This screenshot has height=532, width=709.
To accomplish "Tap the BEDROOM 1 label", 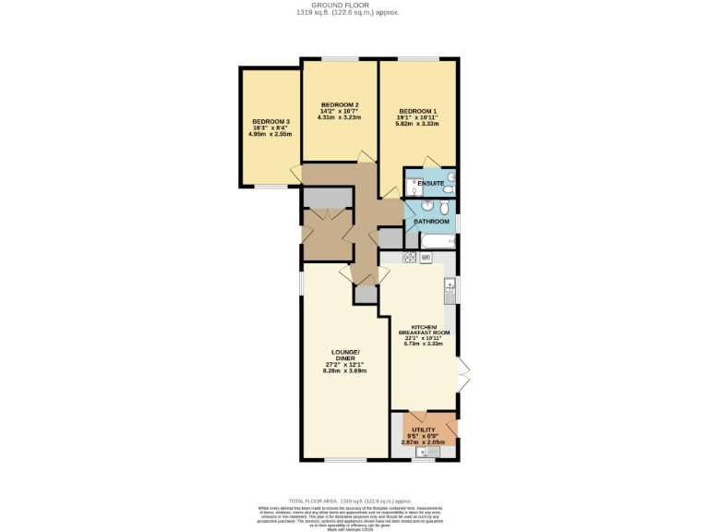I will pyautogui.click(x=417, y=112).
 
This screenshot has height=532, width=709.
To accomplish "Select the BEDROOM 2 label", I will pyautogui.click(x=339, y=104).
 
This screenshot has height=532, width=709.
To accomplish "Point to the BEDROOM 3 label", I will pyautogui.click(x=270, y=121).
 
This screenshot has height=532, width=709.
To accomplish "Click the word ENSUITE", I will pyautogui.click(x=430, y=185).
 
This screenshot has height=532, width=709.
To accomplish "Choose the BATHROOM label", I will pyautogui.click(x=431, y=222).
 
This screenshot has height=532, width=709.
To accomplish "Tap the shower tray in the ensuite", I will pyautogui.click(x=415, y=183).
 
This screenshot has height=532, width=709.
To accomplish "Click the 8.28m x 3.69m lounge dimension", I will pyautogui.click(x=346, y=370).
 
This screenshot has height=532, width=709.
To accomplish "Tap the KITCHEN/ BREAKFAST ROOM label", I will pyautogui.click(x=424, y=330).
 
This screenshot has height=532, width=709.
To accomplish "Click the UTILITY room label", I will pyautogui.click(x=424, y=430).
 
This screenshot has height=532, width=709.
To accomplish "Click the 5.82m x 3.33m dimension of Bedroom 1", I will pyautogui.click(x=417, y=124).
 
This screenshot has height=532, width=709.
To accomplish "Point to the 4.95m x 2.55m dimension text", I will pyautogui.click(x=270, y=134).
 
